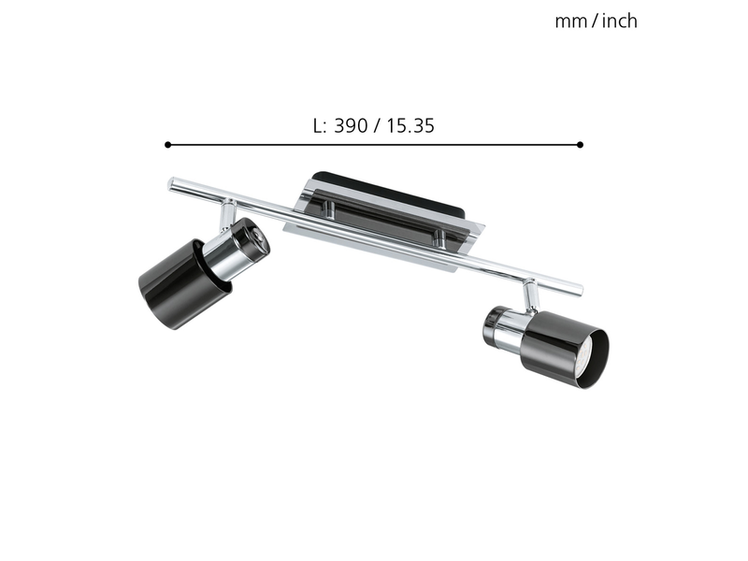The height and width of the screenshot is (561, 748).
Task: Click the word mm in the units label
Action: click(571, 22)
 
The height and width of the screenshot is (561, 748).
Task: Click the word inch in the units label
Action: click(619, 21)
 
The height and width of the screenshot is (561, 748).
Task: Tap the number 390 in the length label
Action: click(352, 126)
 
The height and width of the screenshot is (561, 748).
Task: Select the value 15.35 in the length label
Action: click(410, 126)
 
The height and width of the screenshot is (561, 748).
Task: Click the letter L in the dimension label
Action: click(318, 126)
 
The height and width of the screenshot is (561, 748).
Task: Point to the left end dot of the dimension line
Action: click(167, 145)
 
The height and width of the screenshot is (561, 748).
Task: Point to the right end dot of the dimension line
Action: click(580, 145)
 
